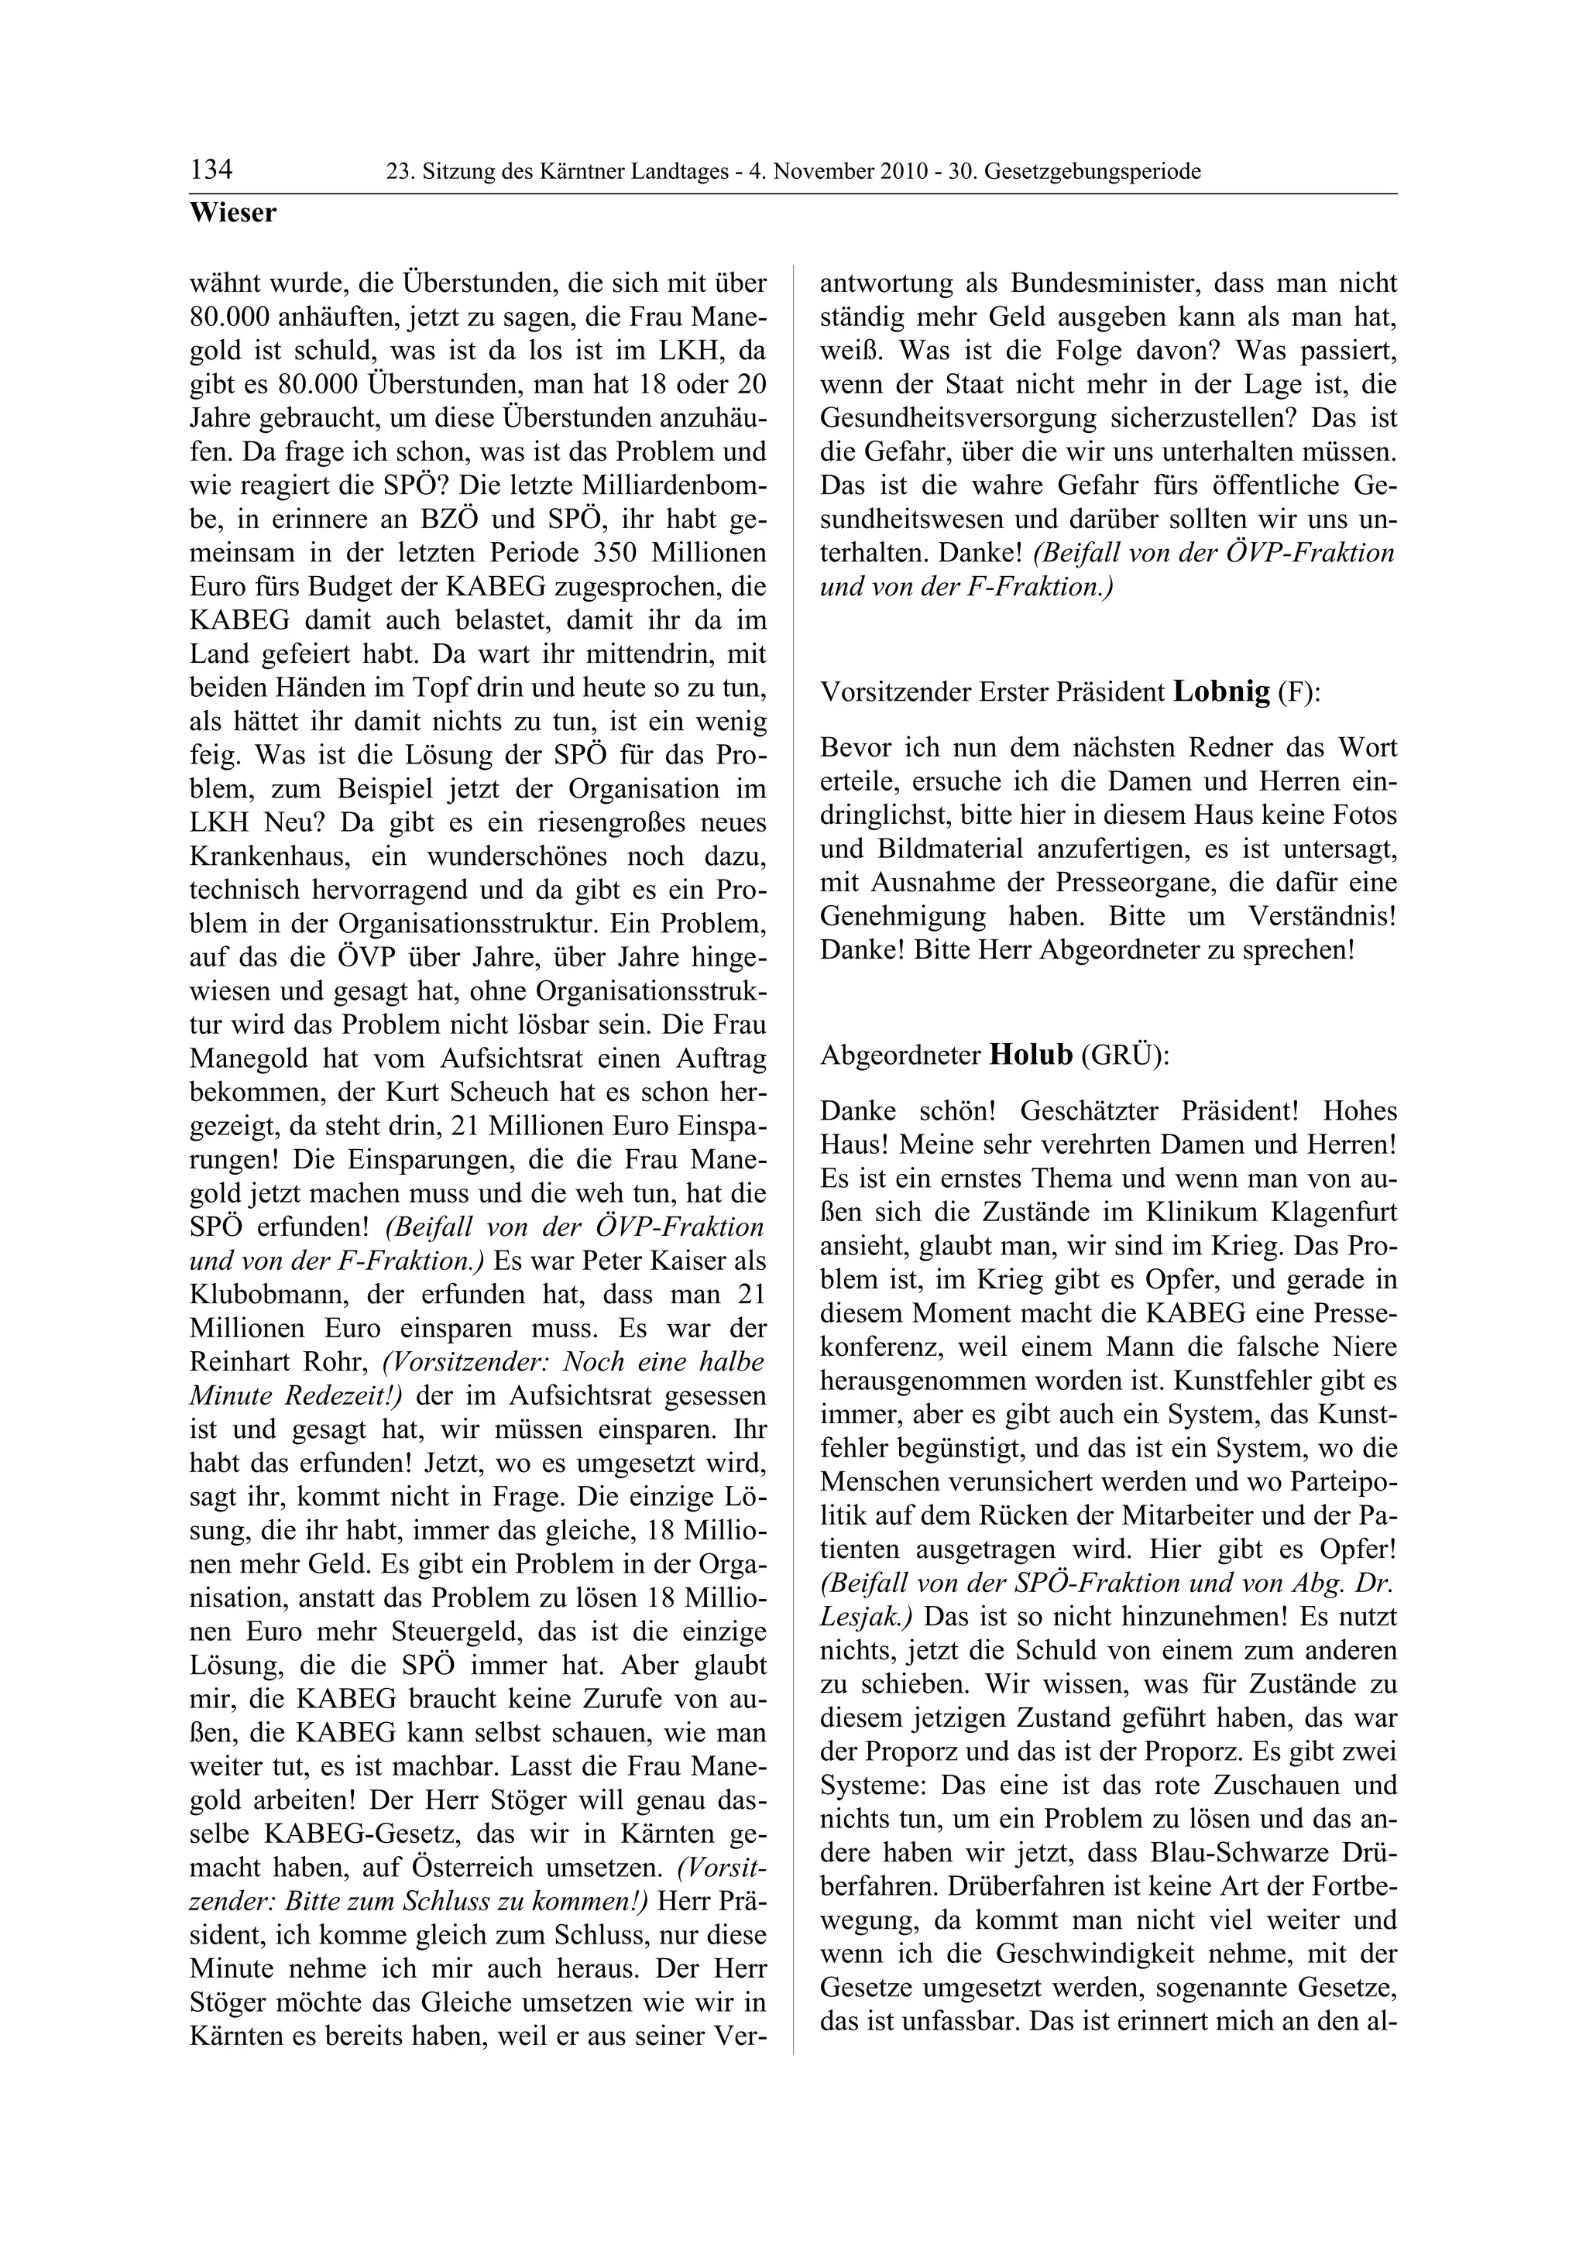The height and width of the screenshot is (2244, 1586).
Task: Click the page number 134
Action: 212,170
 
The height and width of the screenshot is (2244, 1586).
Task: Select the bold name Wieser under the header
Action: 234,213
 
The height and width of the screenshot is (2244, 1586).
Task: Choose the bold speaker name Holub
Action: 1031,1055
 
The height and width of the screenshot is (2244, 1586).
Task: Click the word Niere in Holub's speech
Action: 1363,1347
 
